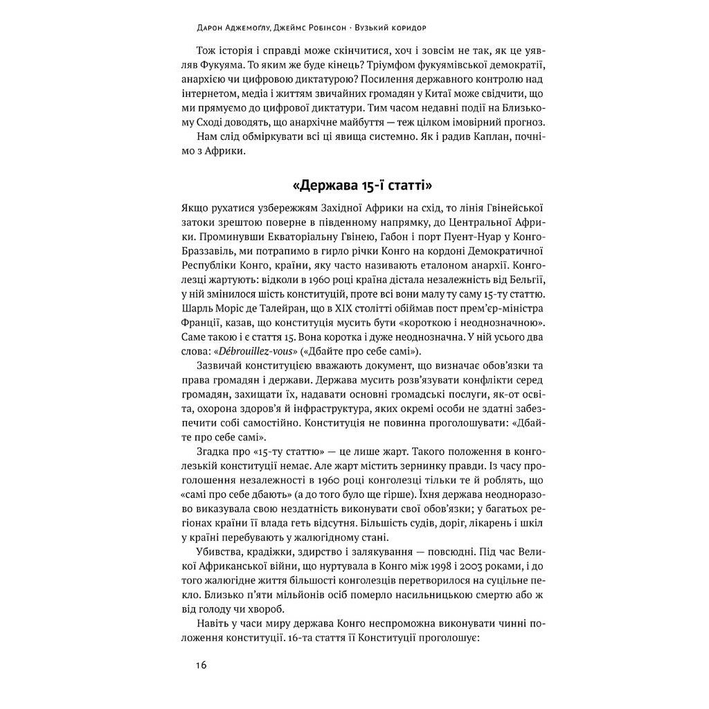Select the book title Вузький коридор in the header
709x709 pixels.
pos(388,28)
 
